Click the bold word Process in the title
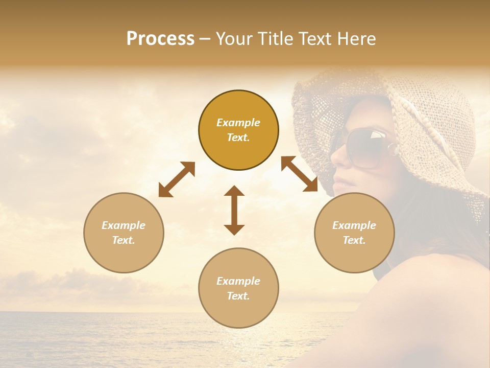(x=160, y=39)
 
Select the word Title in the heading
(x=274, y=39)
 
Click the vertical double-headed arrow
(x=234, y=210)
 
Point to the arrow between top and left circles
(x=177, y=179)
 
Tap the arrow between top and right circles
(x=299, y=174)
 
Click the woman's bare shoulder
(x=429, y=307)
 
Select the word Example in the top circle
(x=238, y=123)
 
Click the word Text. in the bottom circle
(x=238, y=296)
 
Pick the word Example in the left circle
(x=124, y=225)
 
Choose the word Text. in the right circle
(x=354, y=240)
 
